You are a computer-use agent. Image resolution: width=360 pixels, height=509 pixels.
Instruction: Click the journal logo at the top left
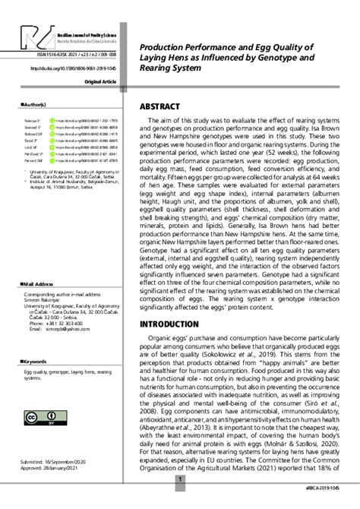point(29,38)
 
